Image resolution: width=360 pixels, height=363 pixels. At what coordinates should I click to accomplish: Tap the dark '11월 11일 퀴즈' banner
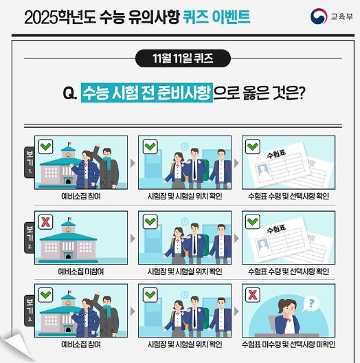pos(180,57)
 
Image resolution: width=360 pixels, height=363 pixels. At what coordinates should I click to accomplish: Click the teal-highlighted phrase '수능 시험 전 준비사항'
pos(146,92)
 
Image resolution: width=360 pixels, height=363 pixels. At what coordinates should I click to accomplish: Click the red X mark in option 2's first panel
pos(45,221)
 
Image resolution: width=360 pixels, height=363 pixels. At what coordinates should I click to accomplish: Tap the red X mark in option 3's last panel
pos(253,296)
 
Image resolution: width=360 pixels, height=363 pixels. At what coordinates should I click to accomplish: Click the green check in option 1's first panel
pos(45,146)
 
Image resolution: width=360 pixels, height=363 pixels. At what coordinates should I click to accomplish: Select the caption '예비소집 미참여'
pos(81,271)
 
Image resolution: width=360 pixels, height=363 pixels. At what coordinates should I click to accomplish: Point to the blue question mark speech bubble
pos(311,303)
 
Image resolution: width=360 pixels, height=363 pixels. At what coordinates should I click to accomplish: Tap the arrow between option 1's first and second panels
pos(133,166)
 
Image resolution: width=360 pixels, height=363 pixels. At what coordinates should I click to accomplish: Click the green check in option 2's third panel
pos(253,221)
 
